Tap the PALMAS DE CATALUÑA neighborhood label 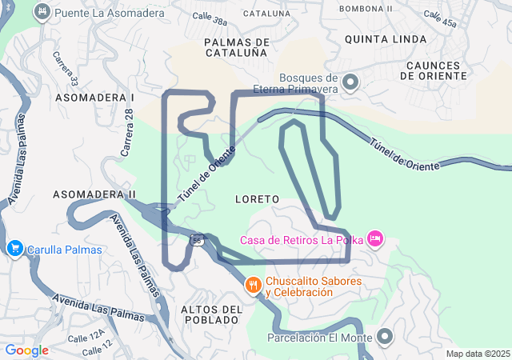234,46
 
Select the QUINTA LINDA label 381,38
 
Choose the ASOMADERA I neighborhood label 94,97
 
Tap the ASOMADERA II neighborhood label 94,194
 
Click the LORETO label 258,198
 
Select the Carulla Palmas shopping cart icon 14,249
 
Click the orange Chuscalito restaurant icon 254,286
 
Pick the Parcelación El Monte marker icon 385,337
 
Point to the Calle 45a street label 441,19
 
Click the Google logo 26,350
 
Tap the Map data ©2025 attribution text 477,354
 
